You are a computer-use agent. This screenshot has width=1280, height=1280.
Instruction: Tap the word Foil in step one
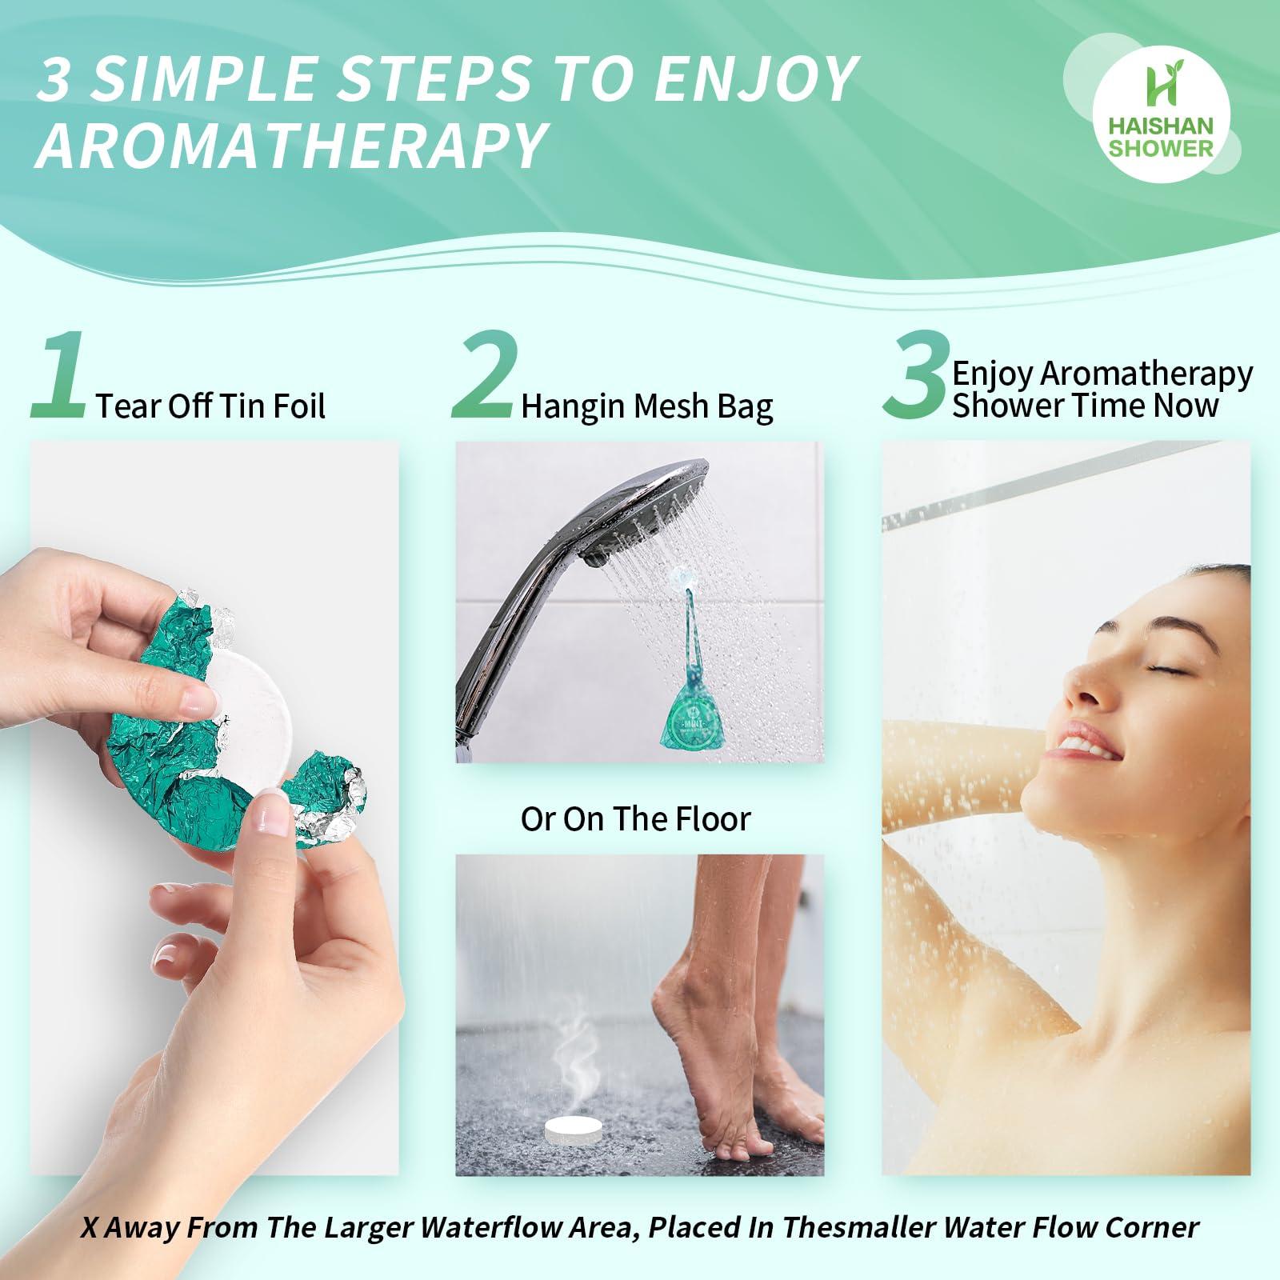click(297, 406)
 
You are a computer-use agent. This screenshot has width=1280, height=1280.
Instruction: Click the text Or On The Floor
click(636, 818)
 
